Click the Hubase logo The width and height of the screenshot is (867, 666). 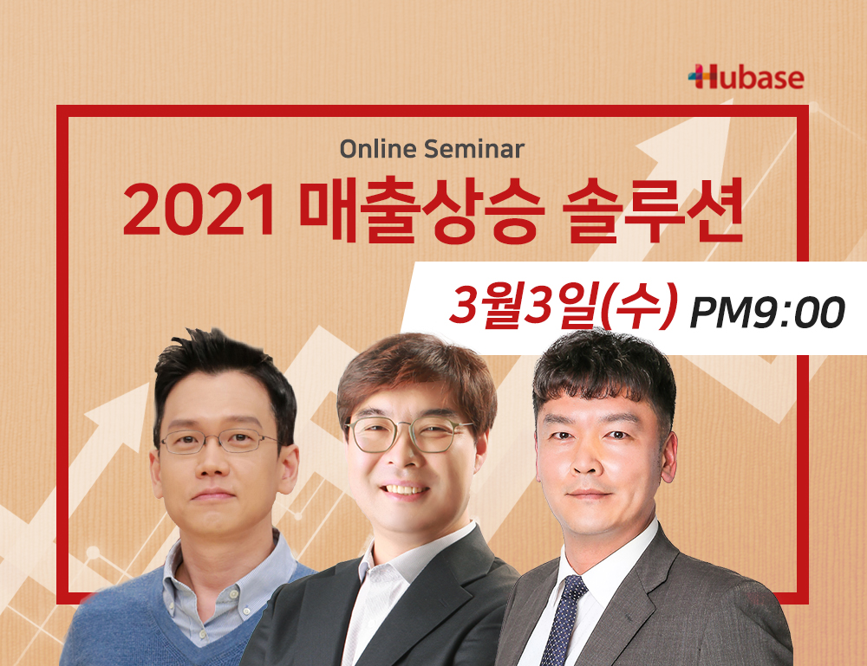pyautogui.click(x=746, y=77)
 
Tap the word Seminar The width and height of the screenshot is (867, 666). pyautogui.click(x=474, y=149)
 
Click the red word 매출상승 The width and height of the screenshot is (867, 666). pyautogui.click(x=422, y=210)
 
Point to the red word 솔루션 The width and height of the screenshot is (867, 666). pyautogui.click(x=653, y=210)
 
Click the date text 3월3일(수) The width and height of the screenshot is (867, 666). pyautogui.click(x=563, y=306)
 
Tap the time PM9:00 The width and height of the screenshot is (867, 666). pyautogui.click(x=767, y=312)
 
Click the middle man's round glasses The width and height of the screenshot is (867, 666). pyautogui.click(x=408, y=434)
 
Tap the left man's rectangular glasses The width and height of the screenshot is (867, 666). pyautogui.click(x=218, y=441)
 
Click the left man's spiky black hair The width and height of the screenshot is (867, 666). pyautogui.click(x=224, y=367)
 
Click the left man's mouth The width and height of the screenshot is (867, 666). pyautogui.click(x=213, y=495)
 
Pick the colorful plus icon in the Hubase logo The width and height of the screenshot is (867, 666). pyautogui.click(x=698, y=77)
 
